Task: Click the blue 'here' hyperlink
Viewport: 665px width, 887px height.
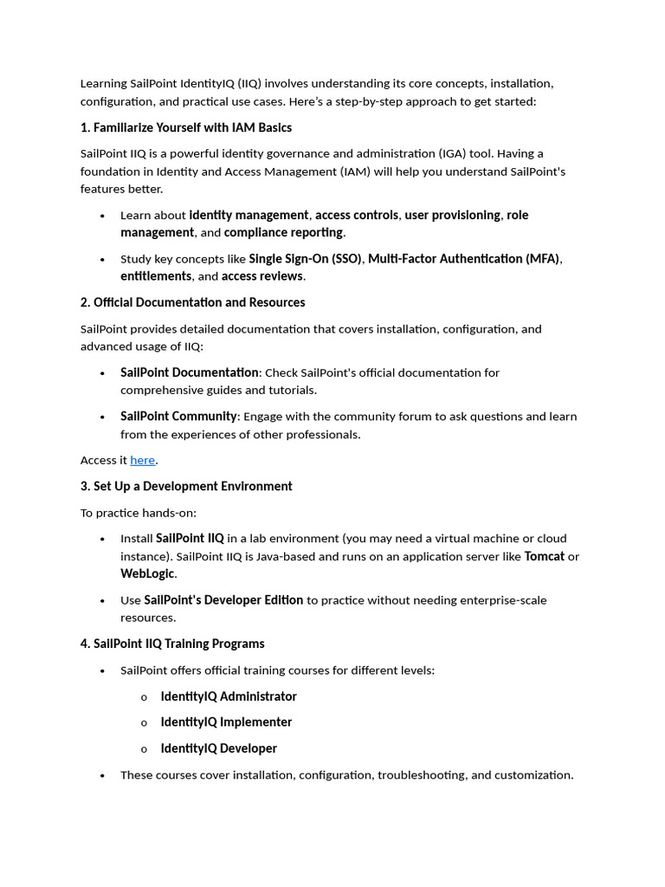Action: (142, 461)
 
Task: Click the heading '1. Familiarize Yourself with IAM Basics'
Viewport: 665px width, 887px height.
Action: (185, 128)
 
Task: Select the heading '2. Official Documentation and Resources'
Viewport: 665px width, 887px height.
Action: (192, 302)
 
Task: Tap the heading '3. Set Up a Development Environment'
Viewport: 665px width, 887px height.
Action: (186, 487)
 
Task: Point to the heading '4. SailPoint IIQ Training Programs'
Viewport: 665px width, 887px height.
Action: (172, 644)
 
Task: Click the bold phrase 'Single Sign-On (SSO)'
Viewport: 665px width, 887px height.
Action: (305, 259)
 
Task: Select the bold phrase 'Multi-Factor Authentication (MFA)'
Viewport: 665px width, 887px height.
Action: (464, 259)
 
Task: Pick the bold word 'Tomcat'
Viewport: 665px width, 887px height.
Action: (544, 556)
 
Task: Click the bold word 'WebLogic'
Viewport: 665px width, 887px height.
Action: (147, 573)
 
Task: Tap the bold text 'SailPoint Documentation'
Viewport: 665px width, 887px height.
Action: (189, 372)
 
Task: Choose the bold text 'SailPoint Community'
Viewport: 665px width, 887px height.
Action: (178, 417)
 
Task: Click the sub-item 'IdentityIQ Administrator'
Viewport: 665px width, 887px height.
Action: (229, 696)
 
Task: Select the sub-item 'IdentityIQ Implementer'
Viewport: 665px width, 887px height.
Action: (226, 722)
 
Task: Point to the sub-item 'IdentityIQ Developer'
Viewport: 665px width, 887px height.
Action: (218, 748)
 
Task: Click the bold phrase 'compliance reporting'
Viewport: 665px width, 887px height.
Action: (283, 232)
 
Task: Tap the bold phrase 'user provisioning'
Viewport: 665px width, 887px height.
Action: (452, 215)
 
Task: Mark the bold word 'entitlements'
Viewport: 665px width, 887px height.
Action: (156, 276)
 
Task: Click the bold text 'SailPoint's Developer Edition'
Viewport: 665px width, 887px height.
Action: (223, 600)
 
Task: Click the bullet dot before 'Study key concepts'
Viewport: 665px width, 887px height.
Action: (102, 260)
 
